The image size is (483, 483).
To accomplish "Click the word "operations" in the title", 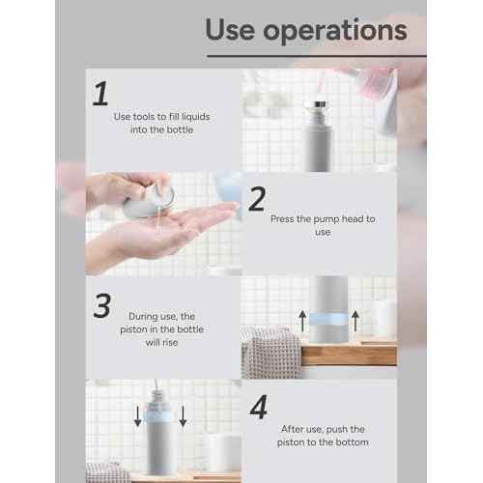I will [x=338, y=31].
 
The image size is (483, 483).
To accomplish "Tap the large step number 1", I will [x=99, y=94].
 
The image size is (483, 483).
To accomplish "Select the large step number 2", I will [x=257, y=200].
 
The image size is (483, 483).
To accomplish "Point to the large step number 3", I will [x=101, y=304].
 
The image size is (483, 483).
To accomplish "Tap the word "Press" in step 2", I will [x=286, y=219].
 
